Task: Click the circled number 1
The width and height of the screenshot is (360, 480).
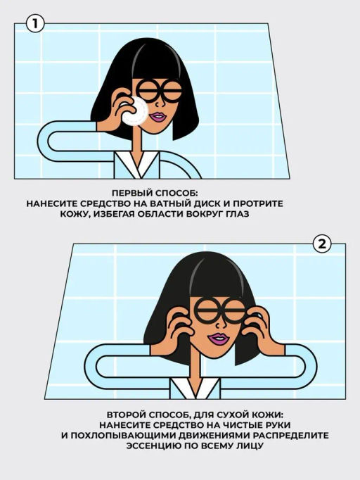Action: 35,23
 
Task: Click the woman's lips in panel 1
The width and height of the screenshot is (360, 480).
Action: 158,117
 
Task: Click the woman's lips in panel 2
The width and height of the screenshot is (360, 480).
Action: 219,339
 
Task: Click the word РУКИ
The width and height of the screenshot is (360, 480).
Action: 278,425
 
